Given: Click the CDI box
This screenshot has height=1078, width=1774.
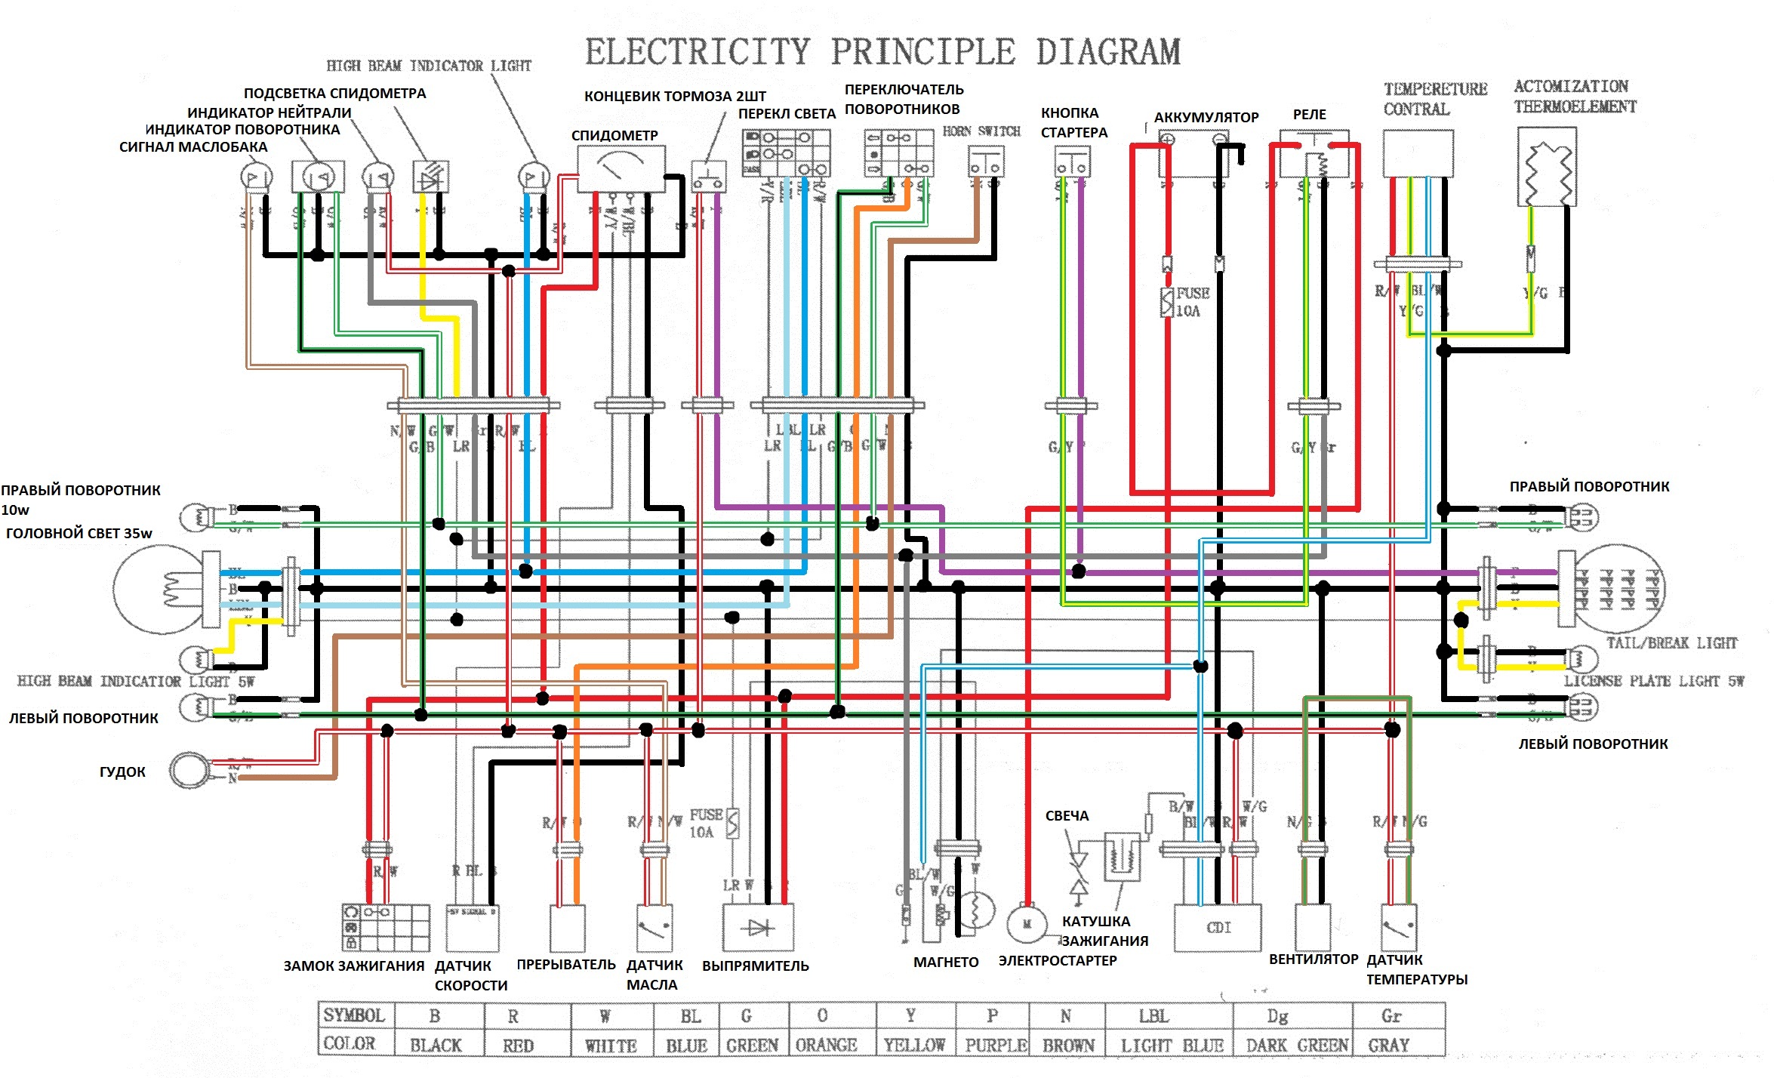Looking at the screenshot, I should coord(1218,928).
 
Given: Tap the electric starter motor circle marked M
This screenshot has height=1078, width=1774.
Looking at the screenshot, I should coord(1027,924).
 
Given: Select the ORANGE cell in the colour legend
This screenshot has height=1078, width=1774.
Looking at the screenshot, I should coord(826,1045).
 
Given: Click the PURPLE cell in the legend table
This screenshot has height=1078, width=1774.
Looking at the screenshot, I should coord(996,1045).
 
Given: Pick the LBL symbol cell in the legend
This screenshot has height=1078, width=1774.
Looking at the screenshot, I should coord(1153,1016).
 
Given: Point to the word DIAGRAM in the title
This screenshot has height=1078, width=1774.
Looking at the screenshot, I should coord(1107,52).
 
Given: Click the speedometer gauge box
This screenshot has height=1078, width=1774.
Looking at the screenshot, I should coord(621,168).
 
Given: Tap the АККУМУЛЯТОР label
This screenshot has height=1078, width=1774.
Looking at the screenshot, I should coord(1206,117).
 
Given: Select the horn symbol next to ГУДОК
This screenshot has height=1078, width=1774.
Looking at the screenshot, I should coord(189,771).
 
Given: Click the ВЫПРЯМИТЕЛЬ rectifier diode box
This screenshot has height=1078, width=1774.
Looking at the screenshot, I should coord(758,928).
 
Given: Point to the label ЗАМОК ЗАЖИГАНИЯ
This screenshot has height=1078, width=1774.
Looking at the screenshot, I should coord(353,966).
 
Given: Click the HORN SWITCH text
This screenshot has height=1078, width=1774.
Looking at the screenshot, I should coord(981,131).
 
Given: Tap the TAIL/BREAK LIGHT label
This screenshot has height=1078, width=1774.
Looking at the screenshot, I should coord(1671,643).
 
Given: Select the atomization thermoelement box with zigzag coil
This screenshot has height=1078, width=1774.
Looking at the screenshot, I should coord(1546,167).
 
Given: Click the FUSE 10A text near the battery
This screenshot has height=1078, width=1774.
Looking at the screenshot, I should coord(1192,302).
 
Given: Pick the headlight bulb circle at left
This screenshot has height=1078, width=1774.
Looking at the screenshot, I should coord(159,590).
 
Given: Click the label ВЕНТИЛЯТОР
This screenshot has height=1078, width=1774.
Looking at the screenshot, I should coord(1313,959).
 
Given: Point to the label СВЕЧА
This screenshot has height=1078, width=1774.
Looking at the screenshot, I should coord(1067,815).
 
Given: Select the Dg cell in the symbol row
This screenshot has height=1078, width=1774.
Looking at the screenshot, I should coord(1277,1016).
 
